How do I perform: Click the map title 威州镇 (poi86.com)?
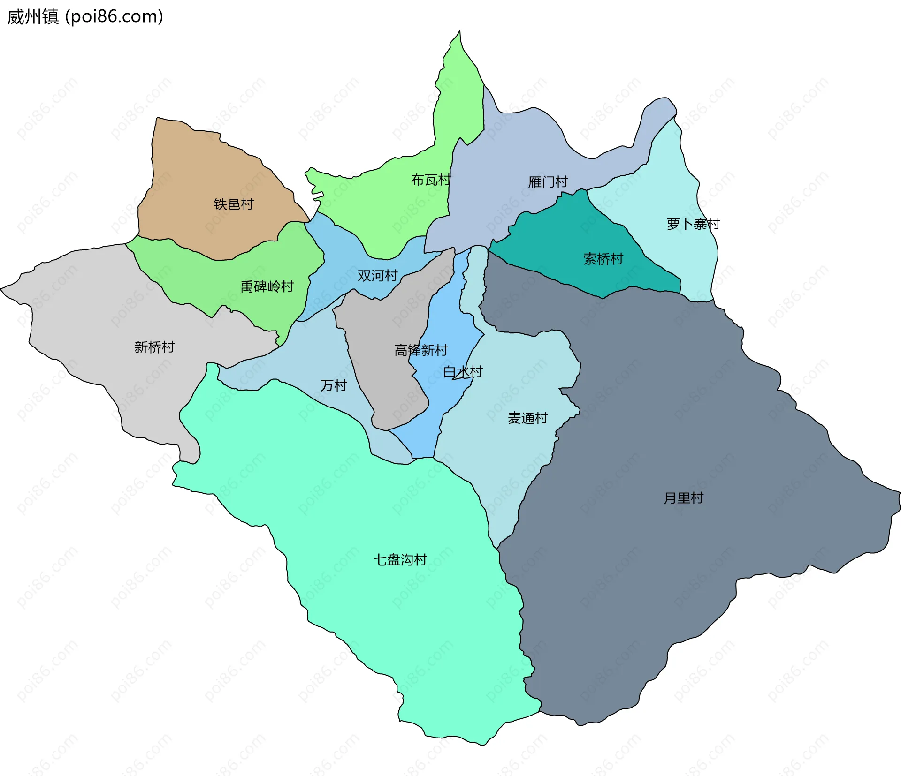coord(85,17)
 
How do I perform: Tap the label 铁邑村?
coord(234,204)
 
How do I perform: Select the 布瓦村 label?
coord(430,180)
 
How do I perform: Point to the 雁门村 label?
coord(548,181)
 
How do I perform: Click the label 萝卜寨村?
coord(693,224)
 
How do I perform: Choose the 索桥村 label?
coord(603,259)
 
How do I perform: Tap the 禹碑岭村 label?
coord(267,286)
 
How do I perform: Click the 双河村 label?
coord(377,275)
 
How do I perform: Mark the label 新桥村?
coord(154,347)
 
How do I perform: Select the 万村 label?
coord(334,385)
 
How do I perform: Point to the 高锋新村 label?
coord(421,350)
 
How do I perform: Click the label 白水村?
coord(463,372)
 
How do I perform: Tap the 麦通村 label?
coord(527,418)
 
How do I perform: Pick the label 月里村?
coord(683,498)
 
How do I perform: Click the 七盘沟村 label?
coord(400,559)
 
